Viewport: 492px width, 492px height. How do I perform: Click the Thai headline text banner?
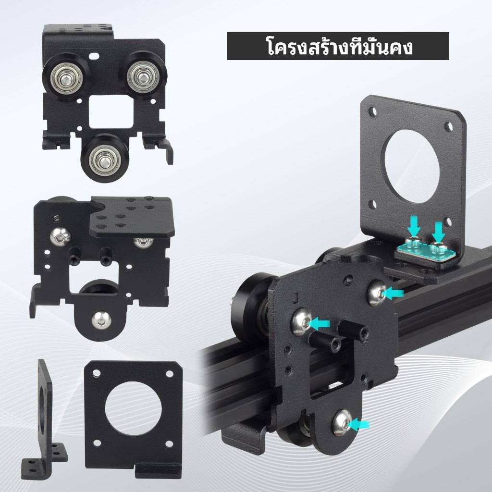[x=338, y=46]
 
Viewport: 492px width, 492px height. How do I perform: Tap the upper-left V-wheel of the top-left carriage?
[x=66, y=79]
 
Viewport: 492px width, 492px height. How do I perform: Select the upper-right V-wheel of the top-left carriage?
[x=143, y=76]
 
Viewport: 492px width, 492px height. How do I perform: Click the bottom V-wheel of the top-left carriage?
[x=104, y=158]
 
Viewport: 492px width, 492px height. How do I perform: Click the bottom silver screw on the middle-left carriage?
[x=101, y=320]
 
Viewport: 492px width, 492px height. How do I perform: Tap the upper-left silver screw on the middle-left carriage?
[x=60, y=235]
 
